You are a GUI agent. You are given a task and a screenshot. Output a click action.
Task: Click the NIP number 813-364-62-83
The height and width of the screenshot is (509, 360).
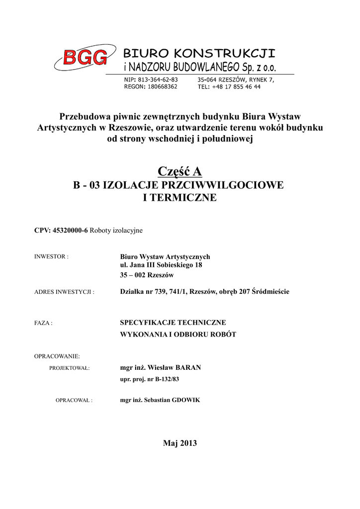point(158,80)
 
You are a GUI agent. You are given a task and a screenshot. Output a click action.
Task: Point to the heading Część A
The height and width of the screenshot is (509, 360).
point(180,171)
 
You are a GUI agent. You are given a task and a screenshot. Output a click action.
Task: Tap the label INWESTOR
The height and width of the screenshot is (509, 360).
point(51,257)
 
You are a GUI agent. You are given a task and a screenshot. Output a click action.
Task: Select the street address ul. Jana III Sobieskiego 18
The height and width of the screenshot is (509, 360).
point(161,265)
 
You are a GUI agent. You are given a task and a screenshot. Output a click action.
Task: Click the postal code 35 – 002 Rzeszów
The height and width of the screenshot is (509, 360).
point(147,275)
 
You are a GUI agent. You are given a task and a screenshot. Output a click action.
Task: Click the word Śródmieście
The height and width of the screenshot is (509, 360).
point(270,292)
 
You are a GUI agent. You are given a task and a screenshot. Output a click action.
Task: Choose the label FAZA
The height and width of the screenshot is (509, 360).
point(43,323)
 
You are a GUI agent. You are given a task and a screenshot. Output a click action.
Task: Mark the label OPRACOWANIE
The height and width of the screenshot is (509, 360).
point(57,356)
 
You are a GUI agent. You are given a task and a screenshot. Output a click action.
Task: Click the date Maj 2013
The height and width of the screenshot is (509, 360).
point(180,443)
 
